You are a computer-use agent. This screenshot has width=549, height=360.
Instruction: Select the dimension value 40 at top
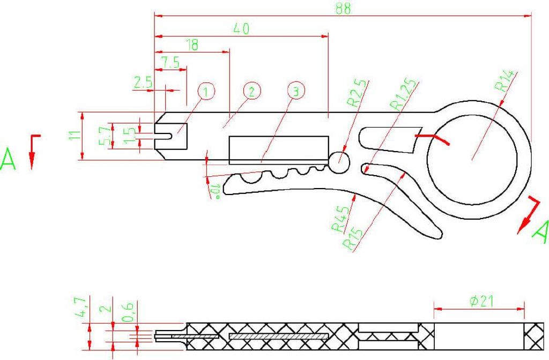point(241,29)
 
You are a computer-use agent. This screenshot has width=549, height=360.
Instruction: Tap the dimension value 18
point(191,45)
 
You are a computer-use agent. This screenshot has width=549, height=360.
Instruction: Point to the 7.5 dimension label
point(170,62)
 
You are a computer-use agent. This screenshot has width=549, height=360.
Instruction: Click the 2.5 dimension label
point(143,82)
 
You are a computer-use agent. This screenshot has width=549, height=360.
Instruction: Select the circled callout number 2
point(251,92)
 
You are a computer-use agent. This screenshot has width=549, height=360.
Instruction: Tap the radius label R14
point(505,81)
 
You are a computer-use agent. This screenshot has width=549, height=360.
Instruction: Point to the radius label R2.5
point(358,92)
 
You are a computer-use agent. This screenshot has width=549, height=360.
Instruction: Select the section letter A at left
point(9,160)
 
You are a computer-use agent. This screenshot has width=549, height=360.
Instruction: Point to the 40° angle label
point(217,190)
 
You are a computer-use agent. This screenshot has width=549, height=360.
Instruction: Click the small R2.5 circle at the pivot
point(339,162)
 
